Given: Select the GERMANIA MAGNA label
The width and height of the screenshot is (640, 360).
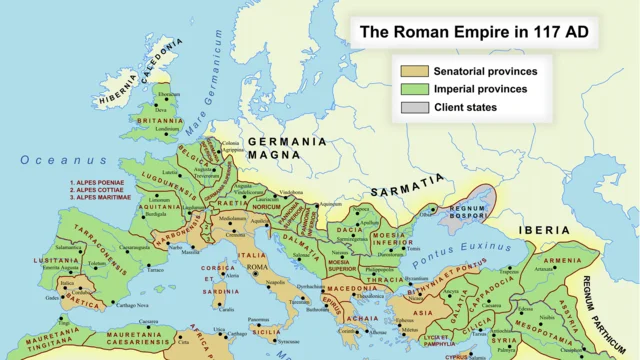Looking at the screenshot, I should click(288, 149).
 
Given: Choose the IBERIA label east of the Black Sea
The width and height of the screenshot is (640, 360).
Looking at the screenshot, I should click(543, 230).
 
